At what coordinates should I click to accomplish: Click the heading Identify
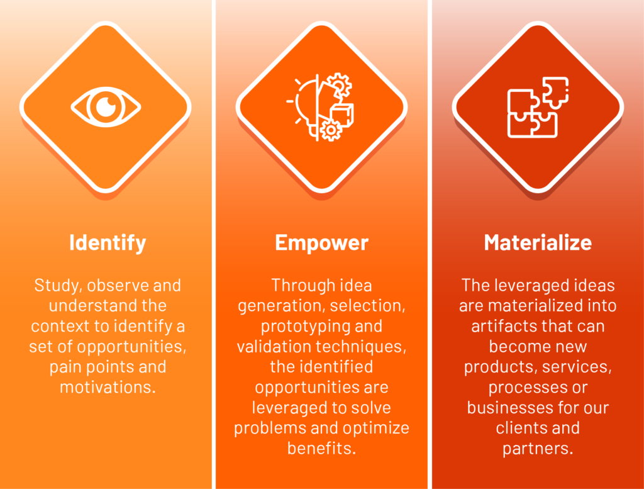[x=108, y=243]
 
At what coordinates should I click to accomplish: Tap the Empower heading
[x=321, y=243]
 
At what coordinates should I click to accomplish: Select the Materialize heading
[x=538, y=242]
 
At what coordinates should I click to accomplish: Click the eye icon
[x=106, y=107]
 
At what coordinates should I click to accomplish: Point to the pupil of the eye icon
[x=106, y=107]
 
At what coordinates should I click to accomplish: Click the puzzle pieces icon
[x=538, y=107]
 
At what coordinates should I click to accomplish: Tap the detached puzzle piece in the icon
[x=556, y=92]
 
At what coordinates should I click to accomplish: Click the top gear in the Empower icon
[x=339, y=85]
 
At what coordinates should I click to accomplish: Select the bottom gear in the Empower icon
[x=331, y=130]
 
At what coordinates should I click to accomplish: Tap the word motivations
[x=108, y=387]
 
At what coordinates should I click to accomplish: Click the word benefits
[x=321, y=448]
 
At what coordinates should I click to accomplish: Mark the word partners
[x=538, y=449]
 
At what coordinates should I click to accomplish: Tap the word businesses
[x=508, y=408]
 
